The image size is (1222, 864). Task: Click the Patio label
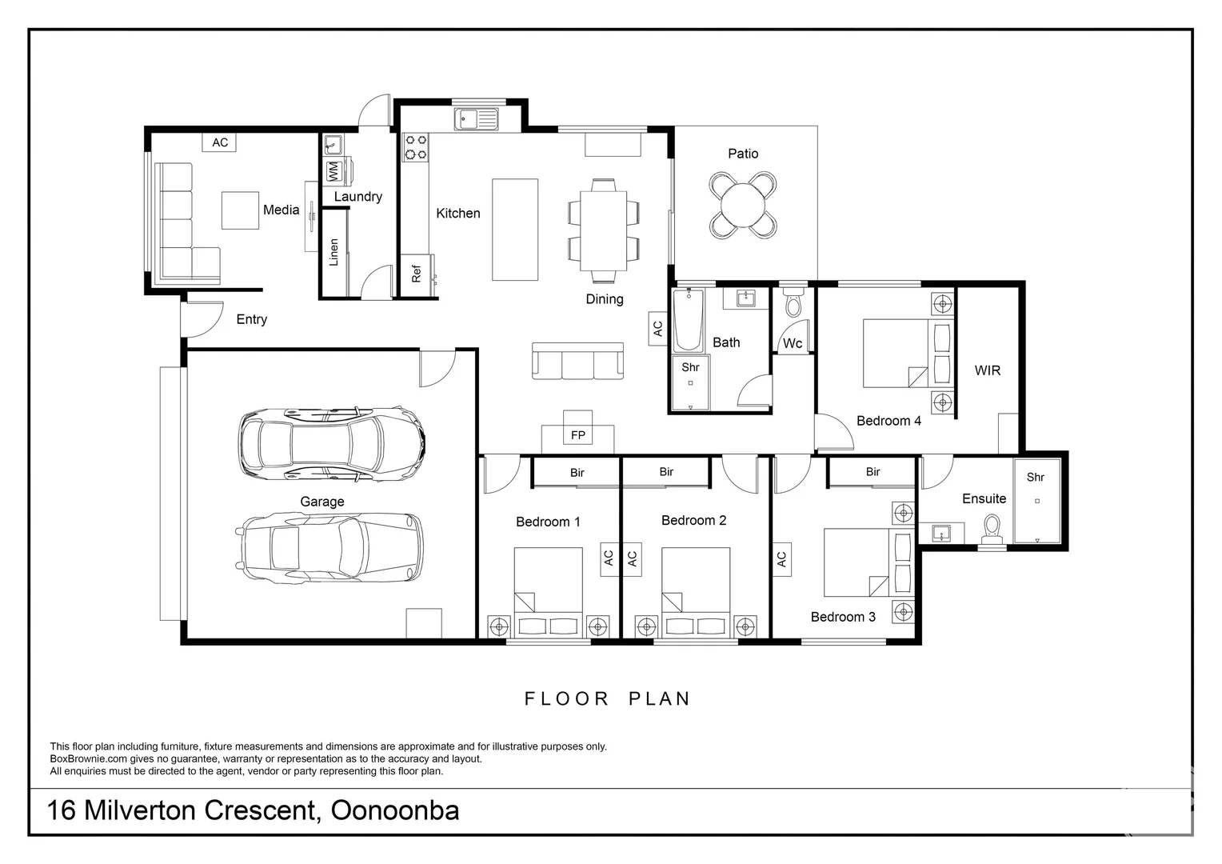(x=743, y=154)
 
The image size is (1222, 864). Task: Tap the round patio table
(x=743, y=206)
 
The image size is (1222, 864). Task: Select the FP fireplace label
(x=577, y=435)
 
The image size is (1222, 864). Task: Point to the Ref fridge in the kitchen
(x=417, y=276)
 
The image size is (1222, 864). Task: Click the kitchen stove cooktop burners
(x=416, y=147)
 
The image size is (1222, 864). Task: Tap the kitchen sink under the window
(x=477, y=119)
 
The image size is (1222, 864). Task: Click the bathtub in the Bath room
(x=689, y=320)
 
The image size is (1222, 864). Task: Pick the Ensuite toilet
(x=992, y=530)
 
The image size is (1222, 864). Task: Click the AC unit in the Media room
(x=220, y=142)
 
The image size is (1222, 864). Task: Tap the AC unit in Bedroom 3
(x=782, y=559)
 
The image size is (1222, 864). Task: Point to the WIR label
(x=988, y=370)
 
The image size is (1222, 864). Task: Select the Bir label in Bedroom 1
(x=577, y=473)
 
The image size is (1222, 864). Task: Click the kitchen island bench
(x=515, y=230)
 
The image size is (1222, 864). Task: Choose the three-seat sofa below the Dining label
(x=577, y=361)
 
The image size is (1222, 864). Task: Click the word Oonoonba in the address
(x=395, y=810)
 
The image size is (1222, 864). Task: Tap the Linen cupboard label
(x=333, y=252)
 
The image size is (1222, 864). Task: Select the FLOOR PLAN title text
(x=608, y=698)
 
